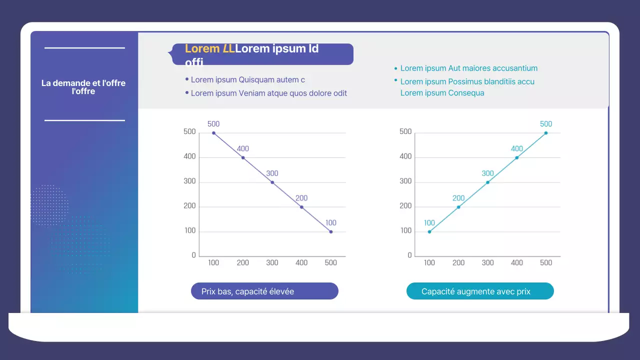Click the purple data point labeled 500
point(214,133)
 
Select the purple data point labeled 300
point(272,182)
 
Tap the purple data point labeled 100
point(331,232)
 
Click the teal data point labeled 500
point(546,133)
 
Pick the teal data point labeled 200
point(458,207)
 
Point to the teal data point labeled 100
point(429,231)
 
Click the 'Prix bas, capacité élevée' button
point(264,291)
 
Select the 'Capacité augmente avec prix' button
point(480,291)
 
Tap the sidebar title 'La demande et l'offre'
point(83,87)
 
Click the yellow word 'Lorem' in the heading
point(202,48)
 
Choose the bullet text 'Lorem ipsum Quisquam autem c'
point(248,79)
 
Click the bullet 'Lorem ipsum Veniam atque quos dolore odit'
point(269,93)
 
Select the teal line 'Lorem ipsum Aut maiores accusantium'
point(469,68)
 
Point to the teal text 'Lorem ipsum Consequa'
point(442,92)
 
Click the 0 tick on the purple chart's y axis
point(194,255)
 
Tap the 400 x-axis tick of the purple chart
point(301,262)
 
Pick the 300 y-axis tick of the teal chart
point(406,181)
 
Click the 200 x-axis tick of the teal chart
point(458,262)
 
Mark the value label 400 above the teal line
point(517,148)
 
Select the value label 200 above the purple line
point(301,198)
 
